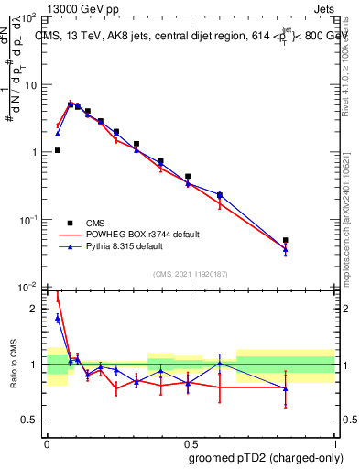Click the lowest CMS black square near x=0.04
[x=57, y=150]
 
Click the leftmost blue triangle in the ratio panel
[x=57, y=318]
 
